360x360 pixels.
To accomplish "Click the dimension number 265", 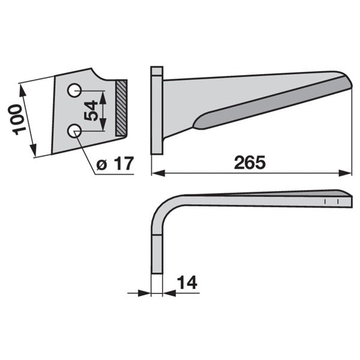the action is click(250, 163).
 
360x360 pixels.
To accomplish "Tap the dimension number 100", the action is click(17, 119).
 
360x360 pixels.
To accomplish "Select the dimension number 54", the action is click(91, 110).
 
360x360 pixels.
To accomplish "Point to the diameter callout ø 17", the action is click(115, 163).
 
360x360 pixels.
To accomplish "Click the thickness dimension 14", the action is click(187, 283).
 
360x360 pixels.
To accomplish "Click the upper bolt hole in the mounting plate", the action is click(74, 90).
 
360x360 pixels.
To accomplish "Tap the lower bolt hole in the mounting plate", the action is click(74, 131).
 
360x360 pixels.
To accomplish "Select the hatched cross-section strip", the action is click(121, 108).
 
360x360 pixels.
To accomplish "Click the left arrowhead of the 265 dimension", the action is click(158, 173).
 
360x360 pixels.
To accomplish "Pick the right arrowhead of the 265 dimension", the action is click(346, 173).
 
